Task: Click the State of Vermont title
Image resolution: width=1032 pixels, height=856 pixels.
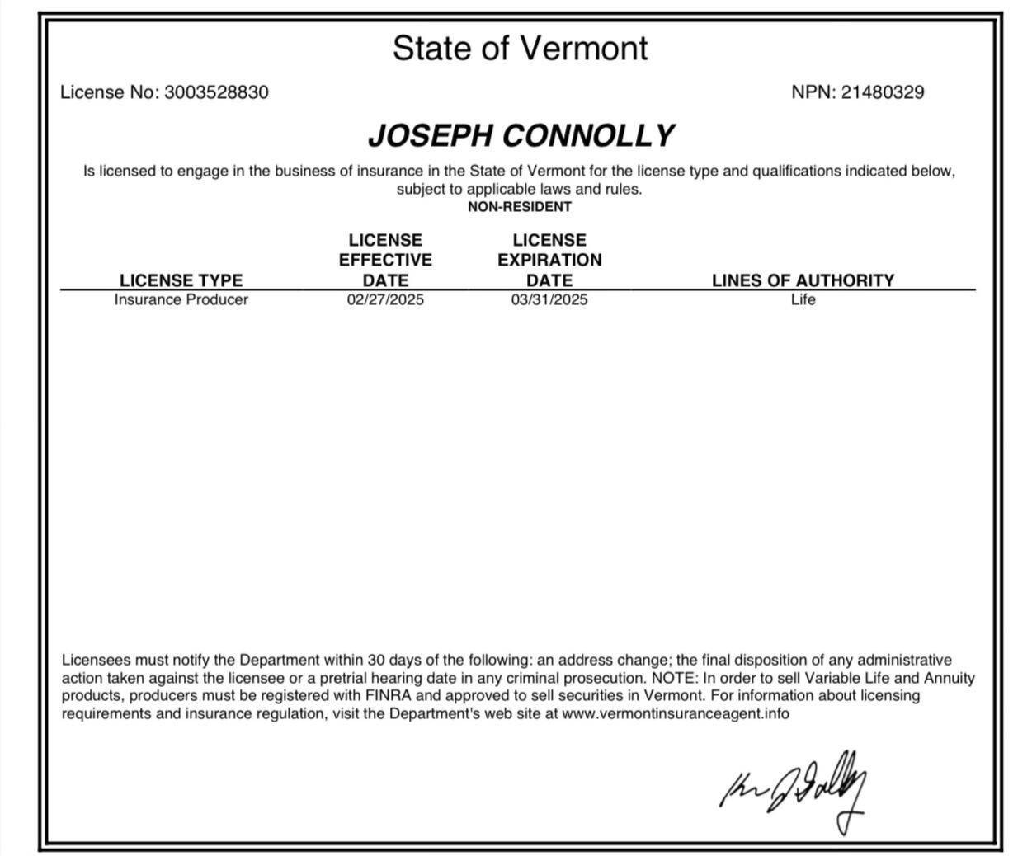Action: (520, 48)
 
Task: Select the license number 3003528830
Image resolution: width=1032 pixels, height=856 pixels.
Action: (216, 92)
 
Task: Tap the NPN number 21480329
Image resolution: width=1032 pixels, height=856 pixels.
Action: (883, 92)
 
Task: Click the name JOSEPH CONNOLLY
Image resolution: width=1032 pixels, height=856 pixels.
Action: (521, 135)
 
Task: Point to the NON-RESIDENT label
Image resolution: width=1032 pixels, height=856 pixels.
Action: (519, 207)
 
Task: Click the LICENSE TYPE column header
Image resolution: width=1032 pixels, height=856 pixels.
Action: (181, 280)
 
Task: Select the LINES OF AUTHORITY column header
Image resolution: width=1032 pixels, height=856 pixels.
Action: (803, 280)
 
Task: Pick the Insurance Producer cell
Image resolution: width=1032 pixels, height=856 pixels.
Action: (181, 299)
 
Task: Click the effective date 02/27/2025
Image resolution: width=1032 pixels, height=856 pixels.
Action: (385, 299)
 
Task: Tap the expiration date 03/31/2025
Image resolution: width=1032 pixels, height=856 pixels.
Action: (549, 299)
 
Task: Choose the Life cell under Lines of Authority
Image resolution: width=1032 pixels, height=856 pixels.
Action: (803, 299)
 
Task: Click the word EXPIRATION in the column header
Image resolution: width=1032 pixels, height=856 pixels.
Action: (549, 260)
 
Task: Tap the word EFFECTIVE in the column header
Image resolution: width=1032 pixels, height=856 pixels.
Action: (385, 260)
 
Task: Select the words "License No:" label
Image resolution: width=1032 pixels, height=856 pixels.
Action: (110, 92)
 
